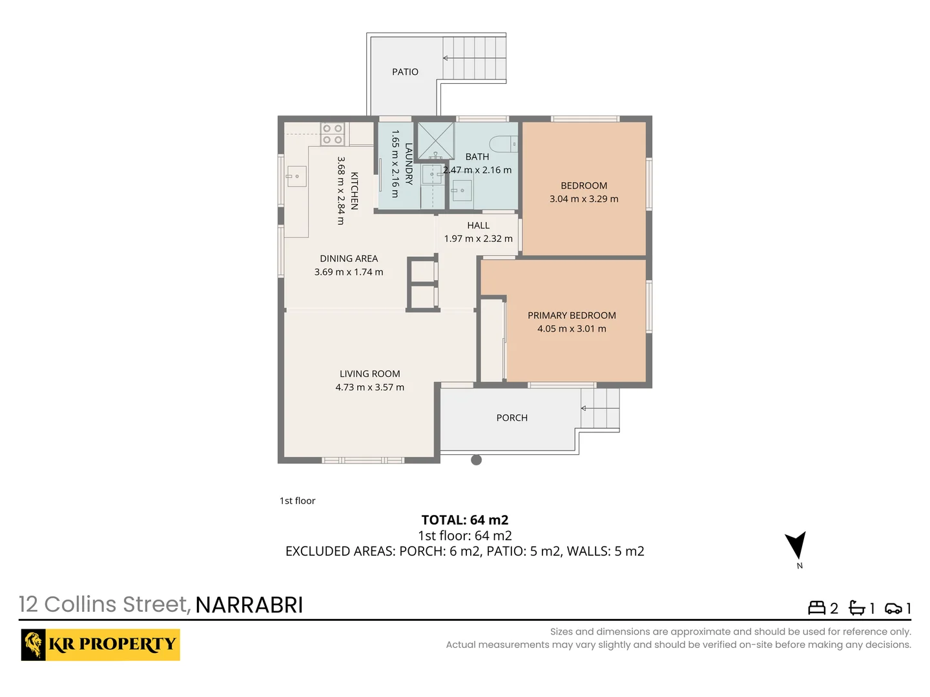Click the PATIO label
[x=405, y=72]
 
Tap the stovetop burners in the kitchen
[x=333, y=134]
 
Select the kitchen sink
[x=296, y=176]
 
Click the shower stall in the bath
[x=436, y=140]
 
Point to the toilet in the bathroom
[x=503, y=144]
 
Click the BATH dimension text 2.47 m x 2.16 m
[x=477, y=170]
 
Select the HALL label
[x=479, y=225]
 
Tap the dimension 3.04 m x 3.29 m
[x=584, y=199]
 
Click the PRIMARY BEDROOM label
[x=572, y=315]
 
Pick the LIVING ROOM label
[x=370, y=374]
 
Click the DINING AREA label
[x=349, y=258]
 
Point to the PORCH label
[x=512, y=418]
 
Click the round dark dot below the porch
[x=477, y=460]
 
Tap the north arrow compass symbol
[x=796, y=545]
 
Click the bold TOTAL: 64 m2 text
[x=465, y=520]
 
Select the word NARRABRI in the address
[x=249, y=605]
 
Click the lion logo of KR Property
[x=34, y=644]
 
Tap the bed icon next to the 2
[x=816, y=608]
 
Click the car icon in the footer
[x=893, y=608]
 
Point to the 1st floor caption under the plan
[x=297, y=501]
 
